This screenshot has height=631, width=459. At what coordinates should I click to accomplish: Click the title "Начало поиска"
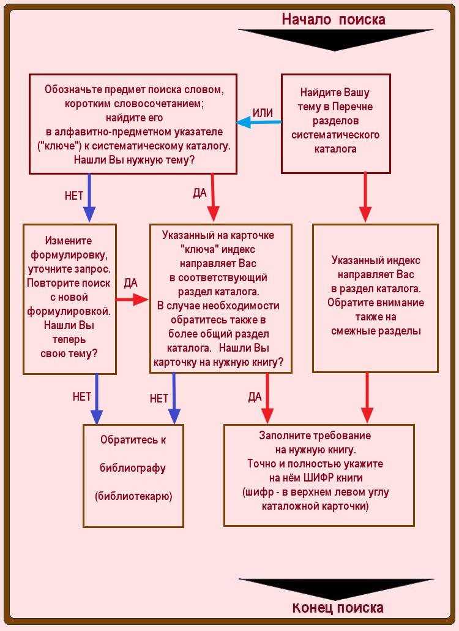[x=334, y=19]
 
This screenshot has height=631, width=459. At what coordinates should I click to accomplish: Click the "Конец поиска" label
[x=338, y=607]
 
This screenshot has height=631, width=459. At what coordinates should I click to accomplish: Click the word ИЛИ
[x=263, y=113]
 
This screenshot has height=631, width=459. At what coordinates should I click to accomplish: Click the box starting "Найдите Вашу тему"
[x=335, y=123]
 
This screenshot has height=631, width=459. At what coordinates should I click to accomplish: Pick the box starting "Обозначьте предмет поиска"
[x=133, y=124]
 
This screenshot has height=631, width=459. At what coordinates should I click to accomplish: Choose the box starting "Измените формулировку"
[x=69, y=298]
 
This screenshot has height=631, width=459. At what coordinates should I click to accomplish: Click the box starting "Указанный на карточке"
[x=220, y=298]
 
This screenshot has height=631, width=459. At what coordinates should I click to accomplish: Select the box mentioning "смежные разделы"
[x=375, y=298]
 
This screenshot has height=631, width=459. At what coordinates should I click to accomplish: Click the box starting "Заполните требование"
[x=319, y=475]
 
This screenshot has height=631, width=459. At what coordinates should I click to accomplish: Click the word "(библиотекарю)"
[x=133, y=496]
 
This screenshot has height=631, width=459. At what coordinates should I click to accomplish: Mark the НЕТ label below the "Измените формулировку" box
[x=82, y=396]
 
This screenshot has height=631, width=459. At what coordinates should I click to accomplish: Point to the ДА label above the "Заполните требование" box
[x=255, y=397]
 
